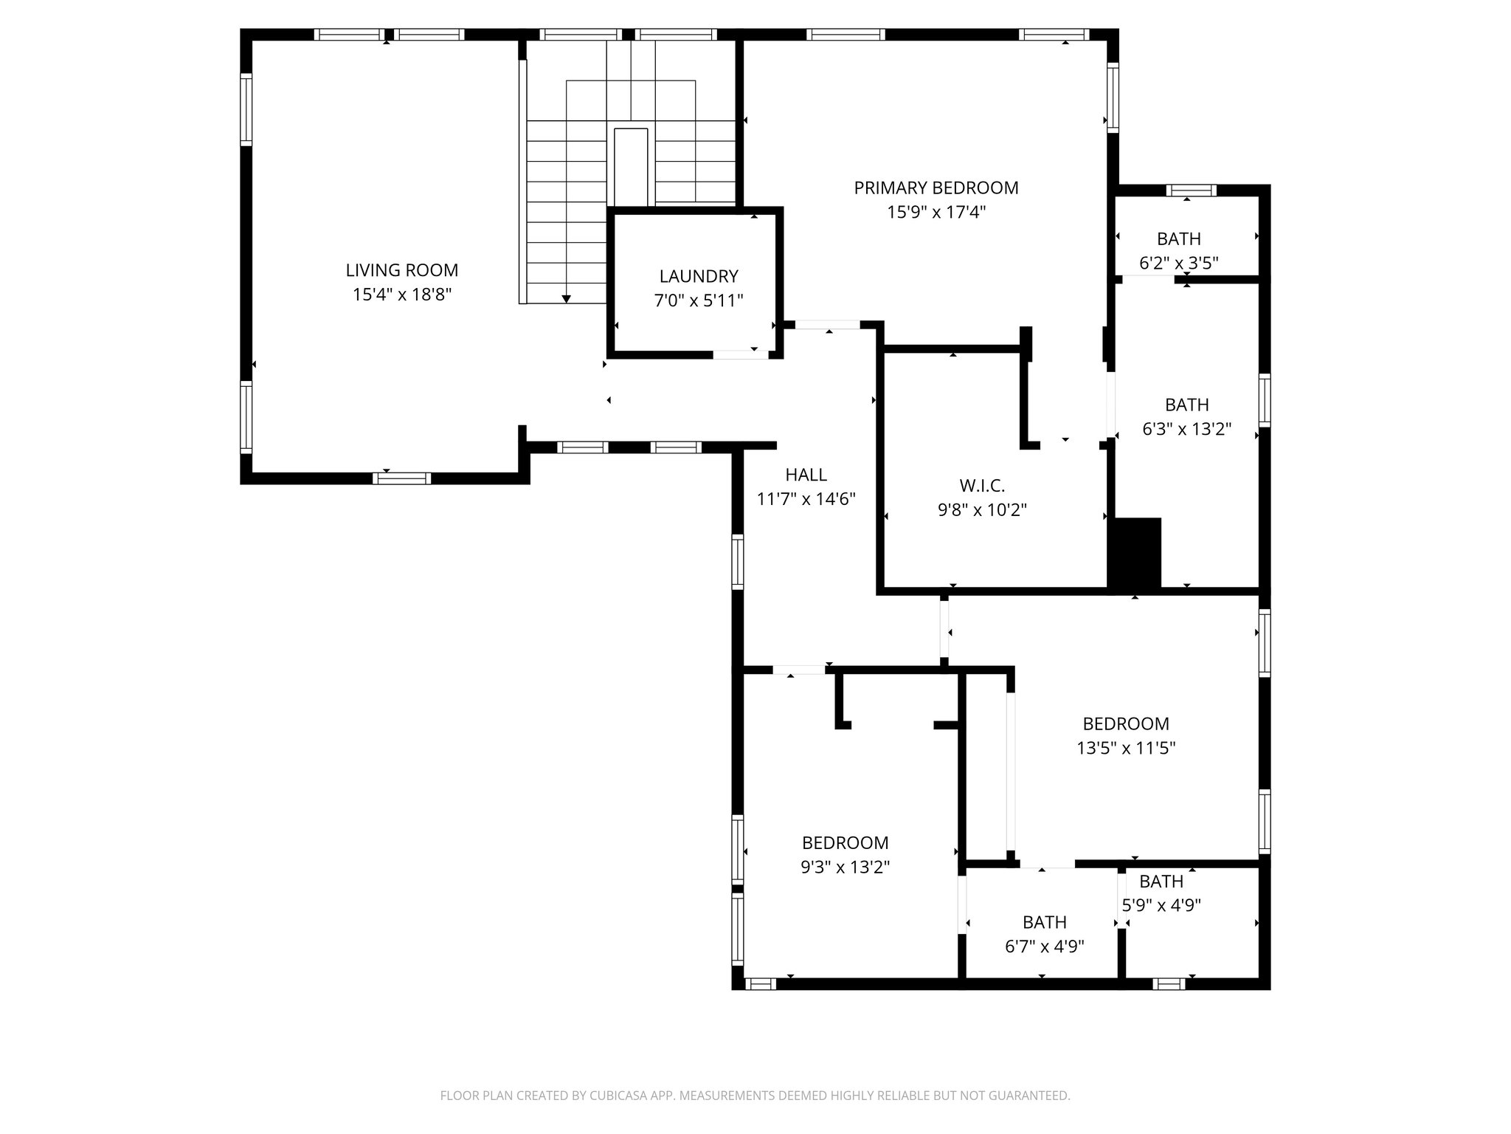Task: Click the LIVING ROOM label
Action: click(x=401, y=270)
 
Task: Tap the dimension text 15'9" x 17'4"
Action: click(x=936, y=213)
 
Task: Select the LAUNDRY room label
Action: click(x=698, y=276)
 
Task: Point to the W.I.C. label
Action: click(x=981, y=486)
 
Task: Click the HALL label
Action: click(x=806, y=475)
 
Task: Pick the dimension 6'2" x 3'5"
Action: click(x=1178, y=263)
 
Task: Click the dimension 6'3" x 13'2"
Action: click(x=1186, y=429)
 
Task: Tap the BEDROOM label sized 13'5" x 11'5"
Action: click(x=1125, y=724)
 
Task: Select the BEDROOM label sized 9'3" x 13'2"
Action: click(x=845, y=842)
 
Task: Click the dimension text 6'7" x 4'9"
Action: click(x=1044, y=946)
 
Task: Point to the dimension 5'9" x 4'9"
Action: click(x=1161, y=905)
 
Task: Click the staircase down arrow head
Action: click(x=566, y=298)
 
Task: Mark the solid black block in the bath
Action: click(x=1135, y=552)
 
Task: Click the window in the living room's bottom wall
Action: click(x=401, y=478)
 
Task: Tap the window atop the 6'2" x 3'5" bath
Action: click(x=1191, y=190)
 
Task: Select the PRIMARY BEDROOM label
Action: click(x=936, y=188)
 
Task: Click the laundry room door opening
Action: click(x=740, y=355)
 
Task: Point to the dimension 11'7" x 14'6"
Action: click(x=806, y=499)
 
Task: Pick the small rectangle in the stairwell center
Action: click(x=631, y=168)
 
